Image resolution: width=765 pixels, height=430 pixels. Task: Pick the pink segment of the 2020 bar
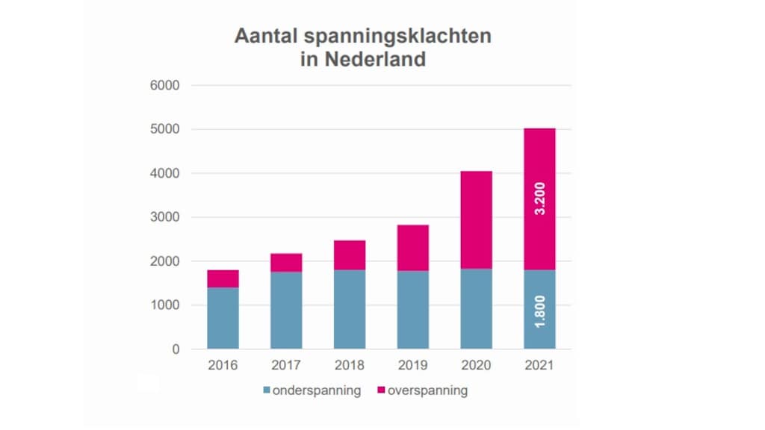tap(476, 219)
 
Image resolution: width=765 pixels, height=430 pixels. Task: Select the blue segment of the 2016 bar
tap(223, 318)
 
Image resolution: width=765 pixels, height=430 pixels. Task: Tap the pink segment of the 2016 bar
tap(223, 278)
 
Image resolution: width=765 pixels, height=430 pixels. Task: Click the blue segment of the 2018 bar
tap(350, 309)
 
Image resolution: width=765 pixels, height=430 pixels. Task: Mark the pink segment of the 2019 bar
tap(413, 248)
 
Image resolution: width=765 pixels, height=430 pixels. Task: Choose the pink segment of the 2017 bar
tap(286, 263)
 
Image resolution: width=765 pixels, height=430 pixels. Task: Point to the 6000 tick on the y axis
tap(165, 85)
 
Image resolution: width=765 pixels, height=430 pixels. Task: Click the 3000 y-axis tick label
tap(165, 217)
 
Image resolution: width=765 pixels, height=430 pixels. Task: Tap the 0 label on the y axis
tap(176, 349)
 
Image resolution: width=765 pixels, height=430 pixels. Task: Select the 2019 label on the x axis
tap(413, 365)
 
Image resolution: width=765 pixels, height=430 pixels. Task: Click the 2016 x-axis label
tap(223, 365)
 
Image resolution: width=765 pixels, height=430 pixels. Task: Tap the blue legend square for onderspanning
tap(267, 390)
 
